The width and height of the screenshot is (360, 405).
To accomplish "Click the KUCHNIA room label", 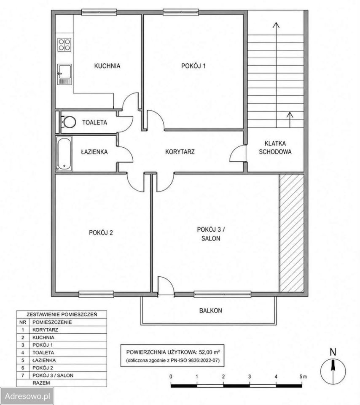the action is (x=107, y=66).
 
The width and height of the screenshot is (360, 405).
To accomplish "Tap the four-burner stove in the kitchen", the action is (x=64, y=45).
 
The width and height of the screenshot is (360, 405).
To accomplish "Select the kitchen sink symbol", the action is (x=64, y=74).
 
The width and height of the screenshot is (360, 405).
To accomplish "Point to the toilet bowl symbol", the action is (x=68, y=122).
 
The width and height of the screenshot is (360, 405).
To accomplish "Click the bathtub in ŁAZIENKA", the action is (x=64, y=154).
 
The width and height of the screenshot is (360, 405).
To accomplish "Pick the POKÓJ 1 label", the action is (x=193, y=66).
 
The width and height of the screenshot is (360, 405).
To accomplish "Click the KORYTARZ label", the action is (x=180, y=151).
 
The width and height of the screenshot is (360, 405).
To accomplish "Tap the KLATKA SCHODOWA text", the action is (x=275, y=148).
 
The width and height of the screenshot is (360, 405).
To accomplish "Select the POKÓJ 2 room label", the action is (x=101, y=232).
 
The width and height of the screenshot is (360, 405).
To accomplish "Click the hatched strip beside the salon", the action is (x=291, y=233).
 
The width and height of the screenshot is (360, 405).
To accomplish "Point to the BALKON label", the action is (x=211, y=310).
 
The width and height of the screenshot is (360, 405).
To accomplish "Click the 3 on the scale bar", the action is (x=250, y=377).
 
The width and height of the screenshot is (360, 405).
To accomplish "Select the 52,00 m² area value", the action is (x=209, y=352).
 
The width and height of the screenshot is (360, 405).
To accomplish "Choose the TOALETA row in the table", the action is (x=62, y=353).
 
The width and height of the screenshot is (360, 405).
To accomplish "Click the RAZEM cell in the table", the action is (x=41, y=383).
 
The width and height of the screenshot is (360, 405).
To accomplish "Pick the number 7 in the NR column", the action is (x=23, y=375).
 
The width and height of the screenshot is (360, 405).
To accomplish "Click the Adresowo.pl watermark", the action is (x=27, y=396).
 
